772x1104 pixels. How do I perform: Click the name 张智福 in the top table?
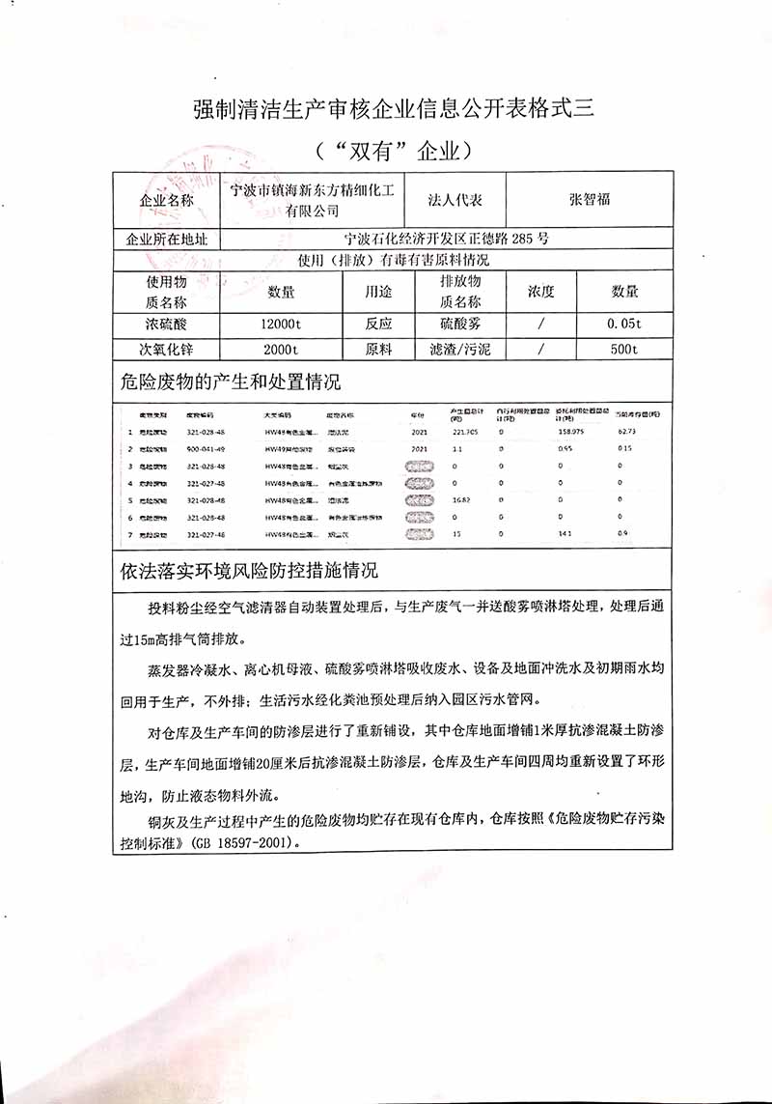click(590, 200)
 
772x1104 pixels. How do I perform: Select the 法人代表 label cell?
click(455, 200)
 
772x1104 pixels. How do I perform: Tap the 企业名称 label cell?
click(167, 201)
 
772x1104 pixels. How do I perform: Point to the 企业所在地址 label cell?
click(167, 239)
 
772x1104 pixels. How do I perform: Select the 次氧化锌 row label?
click(166, 350)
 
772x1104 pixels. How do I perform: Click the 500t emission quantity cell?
click(624, 350)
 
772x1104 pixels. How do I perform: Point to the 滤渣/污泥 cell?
click(459, 350)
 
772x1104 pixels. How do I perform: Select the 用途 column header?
click(378, 291)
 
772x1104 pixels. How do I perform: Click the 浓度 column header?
click(540, 291)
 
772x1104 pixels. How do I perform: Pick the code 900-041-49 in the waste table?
click(205, 449)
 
